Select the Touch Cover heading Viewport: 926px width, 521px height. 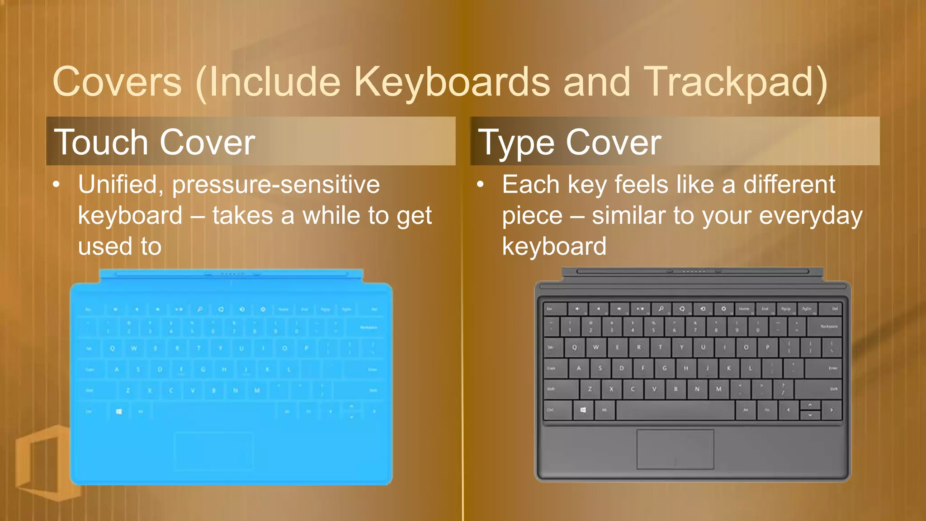tap(155, 142)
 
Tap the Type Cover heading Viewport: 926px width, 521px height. tap(570, 142)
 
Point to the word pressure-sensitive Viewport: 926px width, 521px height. tap(276, 185)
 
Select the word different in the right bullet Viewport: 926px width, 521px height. tap(789, 185)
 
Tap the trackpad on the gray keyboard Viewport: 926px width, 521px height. tap(675, 449)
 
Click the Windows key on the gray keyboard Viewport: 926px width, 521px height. tap(583, 410)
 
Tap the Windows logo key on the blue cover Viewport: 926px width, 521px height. tap(119, 412)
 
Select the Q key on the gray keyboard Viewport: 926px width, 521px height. tap(574, 347)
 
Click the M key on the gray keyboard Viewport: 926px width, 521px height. tap(718, 389)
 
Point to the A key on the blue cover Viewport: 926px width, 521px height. tap(117, 369)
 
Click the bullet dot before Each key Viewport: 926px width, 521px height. tap(480, 185)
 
